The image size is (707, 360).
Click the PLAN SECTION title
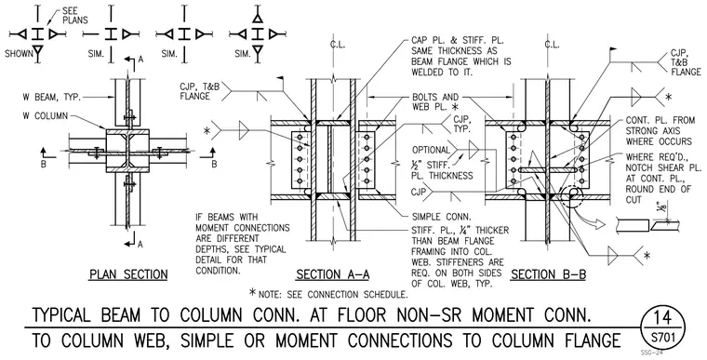click(128, 274)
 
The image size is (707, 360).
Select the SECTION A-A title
click(333, 274)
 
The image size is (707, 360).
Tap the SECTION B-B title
click(548, 274)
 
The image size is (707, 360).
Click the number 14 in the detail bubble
click(662, 318)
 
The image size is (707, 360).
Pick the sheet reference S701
click(662, 338)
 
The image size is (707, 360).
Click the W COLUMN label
click(45, 116)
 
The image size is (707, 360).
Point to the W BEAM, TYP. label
click(52, 97)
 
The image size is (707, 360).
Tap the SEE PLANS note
click(74, 16)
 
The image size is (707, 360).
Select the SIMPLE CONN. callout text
click(442, 217)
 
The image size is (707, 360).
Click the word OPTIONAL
click(431, 150)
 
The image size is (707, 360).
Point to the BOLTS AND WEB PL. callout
click(435, 102)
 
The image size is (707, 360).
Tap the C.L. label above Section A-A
click(337, 45)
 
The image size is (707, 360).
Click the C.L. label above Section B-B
click(552, 45)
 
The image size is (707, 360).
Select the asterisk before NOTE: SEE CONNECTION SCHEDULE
click(253, 293)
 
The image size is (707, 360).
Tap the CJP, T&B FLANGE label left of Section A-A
click(199, 91)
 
